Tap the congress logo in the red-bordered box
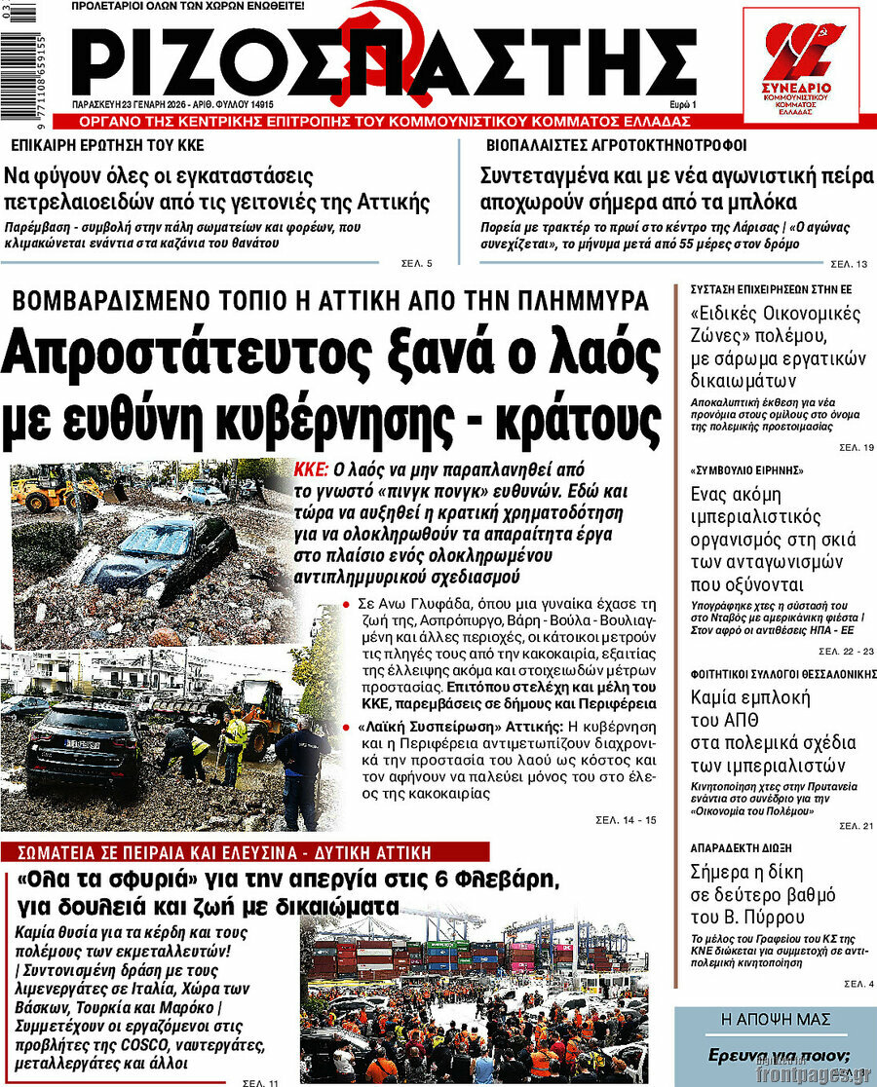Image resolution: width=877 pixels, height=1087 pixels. [x=800, y=65]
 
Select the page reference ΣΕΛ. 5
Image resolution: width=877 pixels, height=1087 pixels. [x=416, y=263]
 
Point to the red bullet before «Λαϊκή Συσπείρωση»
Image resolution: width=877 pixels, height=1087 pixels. [x=348, y=727]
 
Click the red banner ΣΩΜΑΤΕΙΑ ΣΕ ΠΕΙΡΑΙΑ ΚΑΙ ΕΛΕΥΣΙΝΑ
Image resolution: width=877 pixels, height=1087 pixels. [x=224, y=852]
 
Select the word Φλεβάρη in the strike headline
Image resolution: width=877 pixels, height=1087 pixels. [x=511, y=881]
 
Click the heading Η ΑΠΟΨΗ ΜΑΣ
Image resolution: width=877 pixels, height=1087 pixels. [x=775, y=1020]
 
